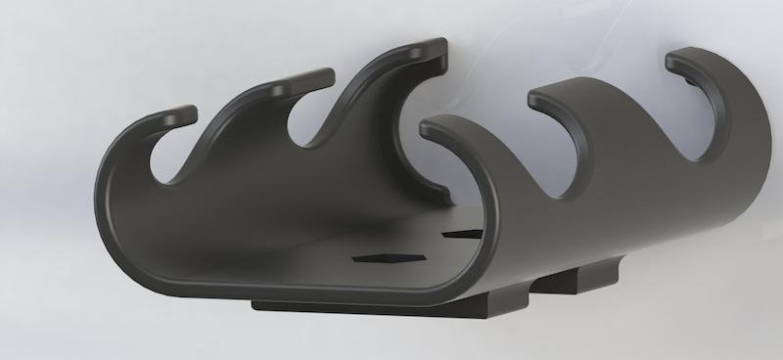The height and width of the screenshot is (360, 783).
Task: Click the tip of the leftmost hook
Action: (x=182, y=114)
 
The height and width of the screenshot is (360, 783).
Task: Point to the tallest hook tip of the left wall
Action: (x=431, y=49)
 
